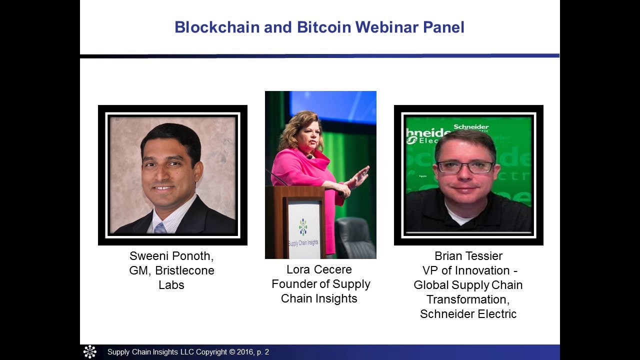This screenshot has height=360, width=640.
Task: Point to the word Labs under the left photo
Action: click(x=171, y=285)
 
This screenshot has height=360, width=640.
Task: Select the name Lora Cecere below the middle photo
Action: click(x=319, y=269)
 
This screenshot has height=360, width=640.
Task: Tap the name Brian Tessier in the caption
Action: click(x=468, y=256)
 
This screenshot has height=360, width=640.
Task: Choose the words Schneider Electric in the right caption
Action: click(x=468, y=314)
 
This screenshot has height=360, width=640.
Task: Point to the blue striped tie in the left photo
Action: click(x=160, y=228)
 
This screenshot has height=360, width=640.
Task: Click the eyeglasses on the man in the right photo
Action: click(x=465, y=167)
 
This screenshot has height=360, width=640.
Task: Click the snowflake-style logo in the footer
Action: click(x=90, y=352)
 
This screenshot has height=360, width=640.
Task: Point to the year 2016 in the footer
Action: click(x=244, y=352)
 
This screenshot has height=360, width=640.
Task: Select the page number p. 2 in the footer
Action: click(x=263, y=352)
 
